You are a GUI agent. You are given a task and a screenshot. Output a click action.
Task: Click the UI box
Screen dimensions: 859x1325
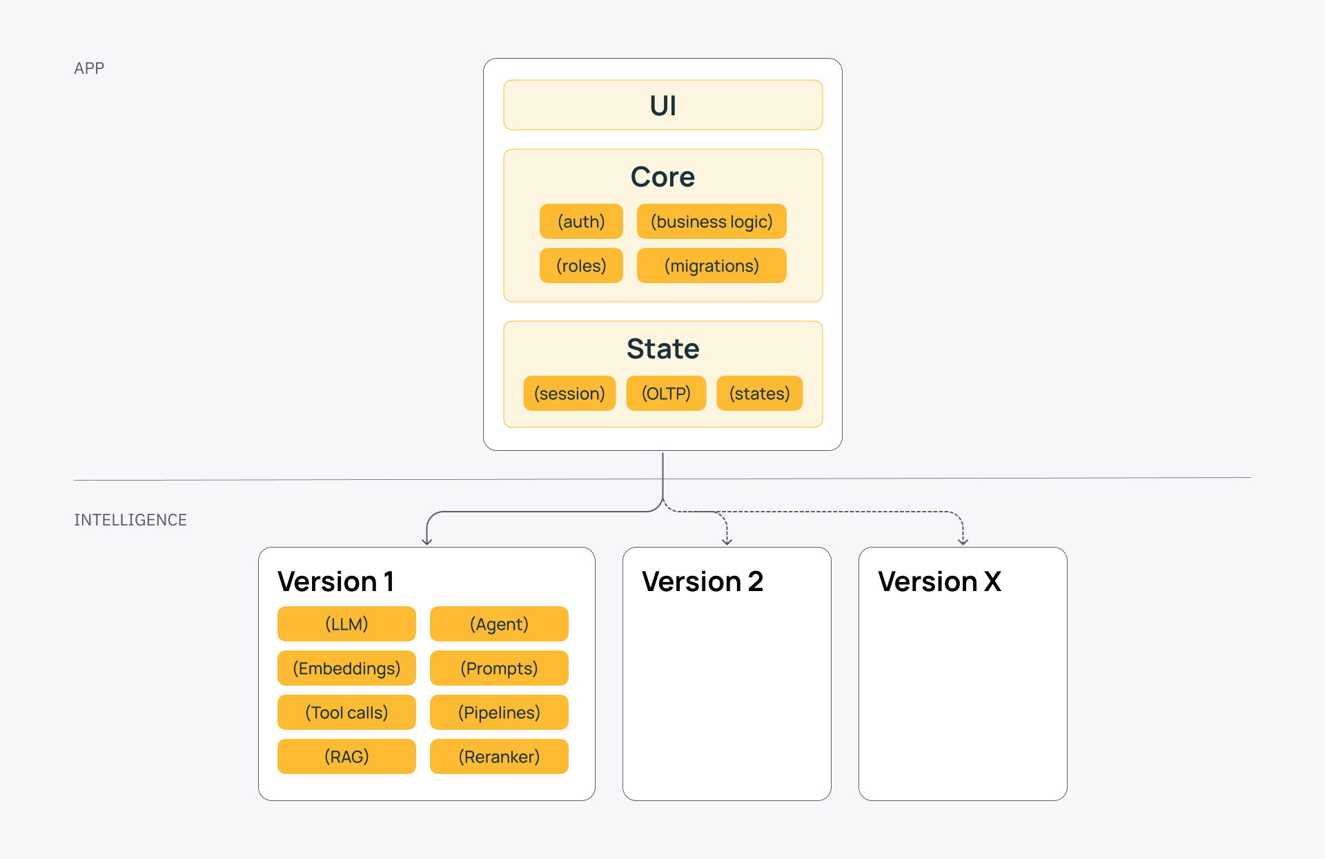662,105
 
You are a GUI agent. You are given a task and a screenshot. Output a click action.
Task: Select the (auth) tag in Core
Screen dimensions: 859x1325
581,222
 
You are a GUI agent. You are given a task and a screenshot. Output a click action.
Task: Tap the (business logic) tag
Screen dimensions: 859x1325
711,222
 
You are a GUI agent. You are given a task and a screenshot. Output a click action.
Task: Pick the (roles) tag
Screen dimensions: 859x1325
581,266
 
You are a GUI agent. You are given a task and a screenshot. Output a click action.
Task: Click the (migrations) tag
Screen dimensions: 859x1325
711,266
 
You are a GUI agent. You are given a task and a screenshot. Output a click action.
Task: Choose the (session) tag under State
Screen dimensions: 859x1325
569,394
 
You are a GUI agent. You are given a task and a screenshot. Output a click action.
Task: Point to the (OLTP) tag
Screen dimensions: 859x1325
666,394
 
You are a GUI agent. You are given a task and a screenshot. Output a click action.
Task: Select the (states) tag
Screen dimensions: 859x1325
759,394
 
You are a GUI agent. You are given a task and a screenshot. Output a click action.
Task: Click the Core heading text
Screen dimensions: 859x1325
662,177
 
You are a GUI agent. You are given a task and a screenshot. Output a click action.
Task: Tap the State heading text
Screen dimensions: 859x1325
662,349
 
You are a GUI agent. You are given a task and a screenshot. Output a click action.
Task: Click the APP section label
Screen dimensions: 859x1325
89,68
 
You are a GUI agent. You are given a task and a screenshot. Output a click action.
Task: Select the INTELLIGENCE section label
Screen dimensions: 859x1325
130,520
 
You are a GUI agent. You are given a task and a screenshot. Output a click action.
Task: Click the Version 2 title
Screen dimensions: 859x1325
703,581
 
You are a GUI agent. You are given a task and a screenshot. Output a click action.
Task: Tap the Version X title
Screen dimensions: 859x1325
939,581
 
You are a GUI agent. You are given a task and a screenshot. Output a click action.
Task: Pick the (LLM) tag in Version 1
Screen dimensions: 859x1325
346,624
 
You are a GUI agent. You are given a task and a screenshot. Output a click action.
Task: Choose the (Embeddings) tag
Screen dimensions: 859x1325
346,668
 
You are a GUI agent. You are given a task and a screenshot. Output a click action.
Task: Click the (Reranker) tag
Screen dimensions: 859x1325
499,757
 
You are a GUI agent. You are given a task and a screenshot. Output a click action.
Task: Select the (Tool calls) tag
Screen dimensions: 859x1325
346,713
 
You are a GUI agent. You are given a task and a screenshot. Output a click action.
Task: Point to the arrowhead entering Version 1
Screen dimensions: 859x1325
426,542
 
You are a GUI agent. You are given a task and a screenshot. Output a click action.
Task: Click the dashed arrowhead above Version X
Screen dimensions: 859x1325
963,542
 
